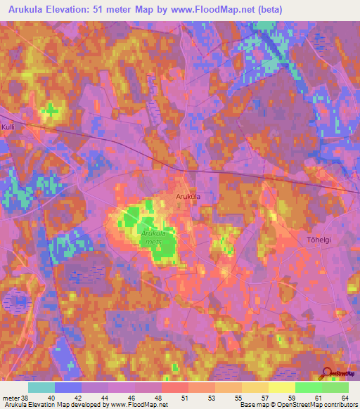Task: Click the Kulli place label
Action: (8, 126)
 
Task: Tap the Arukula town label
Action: (188, 197)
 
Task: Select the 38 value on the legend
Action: (26, 397)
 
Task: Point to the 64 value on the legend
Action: (344, 397)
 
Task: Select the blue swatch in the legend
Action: (68, 387)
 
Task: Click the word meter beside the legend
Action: (10, 397)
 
